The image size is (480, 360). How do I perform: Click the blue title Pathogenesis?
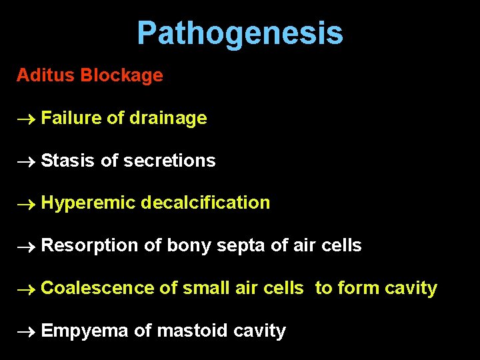pyautogui.click(x=240, y=33)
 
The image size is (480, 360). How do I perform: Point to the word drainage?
pyautogui.click(x=168, y=118)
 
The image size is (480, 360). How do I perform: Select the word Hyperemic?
pyautogui.click(x=88, y=203)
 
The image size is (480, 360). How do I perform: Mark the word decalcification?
pyautogui.click(x=206, y=203)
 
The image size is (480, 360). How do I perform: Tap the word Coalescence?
pyautogui.click(x=97, y=288)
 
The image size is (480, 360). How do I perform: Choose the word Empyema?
pyautogui.click(x=84, y=331)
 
